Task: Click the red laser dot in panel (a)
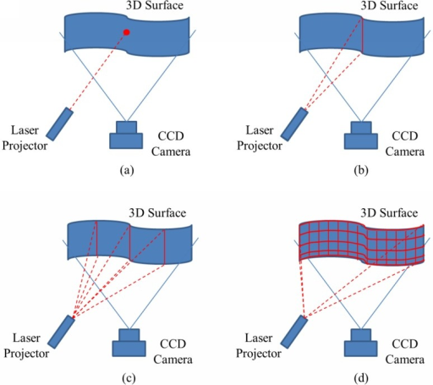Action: (127, 32)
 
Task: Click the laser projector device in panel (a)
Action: (60, 124)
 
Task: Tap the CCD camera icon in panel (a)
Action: (126, 135)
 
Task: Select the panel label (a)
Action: (127, 170)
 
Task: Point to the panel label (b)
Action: (361, 170)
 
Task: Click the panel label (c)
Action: (129, 378)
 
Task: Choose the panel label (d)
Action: (361, 378)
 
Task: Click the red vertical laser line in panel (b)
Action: (362, 36)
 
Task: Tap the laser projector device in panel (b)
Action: (294, 124)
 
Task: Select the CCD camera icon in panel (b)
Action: (361, 135)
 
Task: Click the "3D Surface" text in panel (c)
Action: (157, 212)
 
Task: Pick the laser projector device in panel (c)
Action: (61, 332)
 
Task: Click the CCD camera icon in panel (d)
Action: (360, 343)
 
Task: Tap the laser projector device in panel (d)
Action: (294, 332)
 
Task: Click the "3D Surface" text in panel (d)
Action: (389, 212)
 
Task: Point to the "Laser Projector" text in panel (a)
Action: (25, 138)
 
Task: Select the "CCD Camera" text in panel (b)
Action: (405, 144)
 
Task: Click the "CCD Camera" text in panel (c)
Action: (173, 352)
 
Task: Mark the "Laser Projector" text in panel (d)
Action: (259, 345)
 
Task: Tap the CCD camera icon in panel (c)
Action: (129, 343)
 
